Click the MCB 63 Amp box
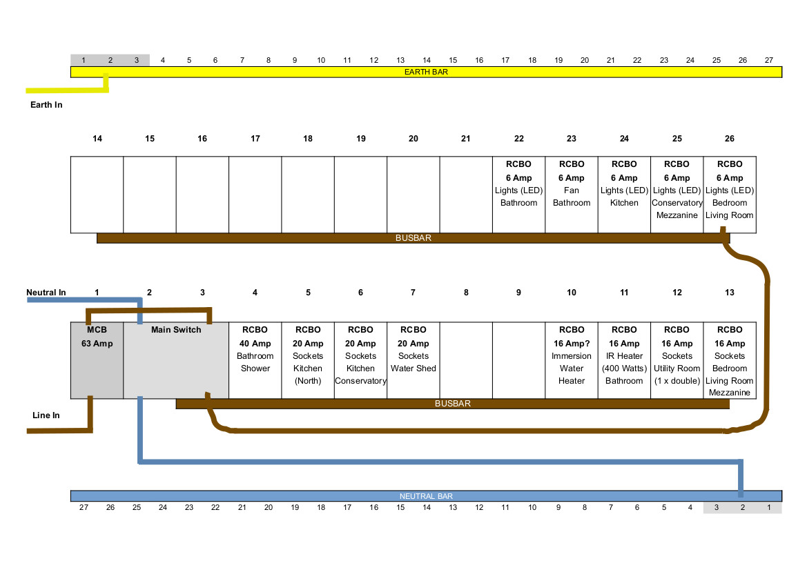(97, 360)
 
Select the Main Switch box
(176, 360)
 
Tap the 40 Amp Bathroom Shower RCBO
(255, 360)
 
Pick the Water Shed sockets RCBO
(414, 360)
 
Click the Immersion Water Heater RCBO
(572, 360)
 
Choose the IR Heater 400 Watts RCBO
(624, 360)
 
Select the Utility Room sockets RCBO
(677, 360)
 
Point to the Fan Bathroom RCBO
(572, 195)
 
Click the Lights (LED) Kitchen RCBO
(624, 195)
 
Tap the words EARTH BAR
(426, 72)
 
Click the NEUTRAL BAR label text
(426, 496)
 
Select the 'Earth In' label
(46, 105)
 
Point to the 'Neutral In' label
(46, 292)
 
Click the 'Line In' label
(46, 415)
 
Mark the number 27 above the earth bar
(769, 60)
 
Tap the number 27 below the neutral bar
(84, 507)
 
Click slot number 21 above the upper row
(466, 139)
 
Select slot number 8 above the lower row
(466, 292)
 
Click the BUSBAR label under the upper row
(414, 238)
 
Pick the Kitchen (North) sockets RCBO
(308, 360)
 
